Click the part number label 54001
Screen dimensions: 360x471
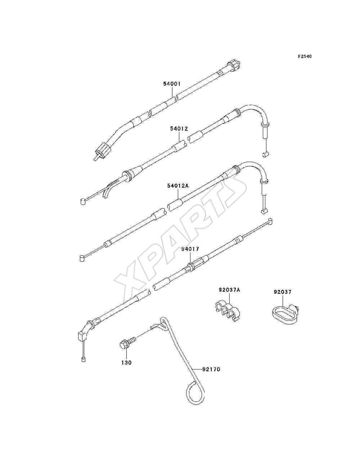(x=172, y=84)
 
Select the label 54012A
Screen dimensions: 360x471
(x=178, y=186)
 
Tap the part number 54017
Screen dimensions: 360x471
(x=190, y=249)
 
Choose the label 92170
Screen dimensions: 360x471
(x=211, y=369)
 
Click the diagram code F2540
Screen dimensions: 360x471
(x=305, y=56)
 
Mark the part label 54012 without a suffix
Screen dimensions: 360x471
(x=179, y=129)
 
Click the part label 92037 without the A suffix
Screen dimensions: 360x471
(x=283, y=292)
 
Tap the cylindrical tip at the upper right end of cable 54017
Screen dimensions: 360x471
(x=270, y=221)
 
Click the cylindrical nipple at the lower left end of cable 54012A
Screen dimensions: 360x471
(x=82, y=258)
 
